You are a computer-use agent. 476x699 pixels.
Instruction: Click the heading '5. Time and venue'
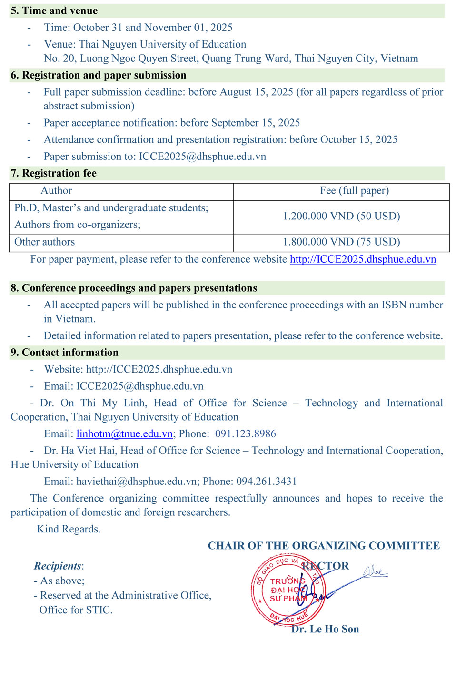coord(54,10)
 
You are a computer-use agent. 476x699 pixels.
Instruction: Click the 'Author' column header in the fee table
coord(56,191)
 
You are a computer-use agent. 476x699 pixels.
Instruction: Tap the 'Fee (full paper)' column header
coord(355,191)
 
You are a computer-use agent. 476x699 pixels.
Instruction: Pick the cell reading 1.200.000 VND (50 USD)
coord(341,217)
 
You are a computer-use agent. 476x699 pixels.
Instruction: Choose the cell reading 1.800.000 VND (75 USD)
coord(341,242)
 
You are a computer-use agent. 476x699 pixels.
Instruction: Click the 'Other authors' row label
coord(45,242)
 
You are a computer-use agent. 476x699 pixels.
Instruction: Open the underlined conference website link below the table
coord(363,259)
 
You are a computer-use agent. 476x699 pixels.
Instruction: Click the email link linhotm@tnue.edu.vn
coord(125,434)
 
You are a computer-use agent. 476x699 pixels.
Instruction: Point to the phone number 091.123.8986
coord(246,434)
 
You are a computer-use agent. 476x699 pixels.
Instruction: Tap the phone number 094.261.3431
coord(267,482)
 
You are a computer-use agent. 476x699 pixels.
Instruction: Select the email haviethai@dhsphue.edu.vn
coord(137,482)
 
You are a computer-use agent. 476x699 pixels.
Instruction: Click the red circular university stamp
coord(288,591)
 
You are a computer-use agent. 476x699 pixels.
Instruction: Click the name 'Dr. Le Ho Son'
coord(326,629)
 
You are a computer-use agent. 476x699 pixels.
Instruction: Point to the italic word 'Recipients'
coord(58,566)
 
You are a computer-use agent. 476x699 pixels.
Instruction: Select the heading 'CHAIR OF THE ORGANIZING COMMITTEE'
coord(324,546)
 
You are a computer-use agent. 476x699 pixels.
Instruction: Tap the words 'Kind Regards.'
coord(69,529)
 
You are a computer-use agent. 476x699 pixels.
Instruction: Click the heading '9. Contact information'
coord(64,353)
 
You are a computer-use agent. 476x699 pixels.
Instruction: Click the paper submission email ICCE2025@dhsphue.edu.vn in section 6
coord(202,157)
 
